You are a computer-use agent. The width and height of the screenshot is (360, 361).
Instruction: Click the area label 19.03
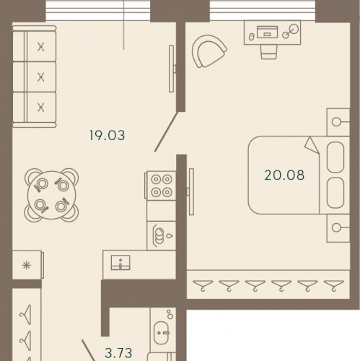pos(107,135)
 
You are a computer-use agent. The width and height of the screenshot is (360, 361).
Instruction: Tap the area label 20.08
pos(284,175)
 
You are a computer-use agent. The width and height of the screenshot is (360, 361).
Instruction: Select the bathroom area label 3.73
pos(118,353)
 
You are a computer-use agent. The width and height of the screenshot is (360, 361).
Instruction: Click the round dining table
pos(52,195)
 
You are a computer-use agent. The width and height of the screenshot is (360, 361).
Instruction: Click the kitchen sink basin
pos(120,262)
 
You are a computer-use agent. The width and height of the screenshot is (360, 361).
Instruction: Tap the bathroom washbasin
pos(162,333)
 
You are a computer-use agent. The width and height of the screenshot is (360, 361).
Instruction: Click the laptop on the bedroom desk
pos(267,32)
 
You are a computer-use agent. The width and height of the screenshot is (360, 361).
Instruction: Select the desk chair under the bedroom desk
pos(269,51)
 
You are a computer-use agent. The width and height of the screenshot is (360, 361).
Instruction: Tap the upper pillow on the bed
pos(335,157)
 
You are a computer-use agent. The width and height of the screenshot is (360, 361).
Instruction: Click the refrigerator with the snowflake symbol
pos(27,265)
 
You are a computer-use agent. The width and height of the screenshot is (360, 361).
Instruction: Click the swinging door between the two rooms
pos(167,132)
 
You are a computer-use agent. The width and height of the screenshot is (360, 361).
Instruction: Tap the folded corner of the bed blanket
pos(312,145)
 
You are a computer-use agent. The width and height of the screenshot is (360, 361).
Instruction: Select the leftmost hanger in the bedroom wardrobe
pos(203,285)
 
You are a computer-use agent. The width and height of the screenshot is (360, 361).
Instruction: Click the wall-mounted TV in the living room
pos(172,69)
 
